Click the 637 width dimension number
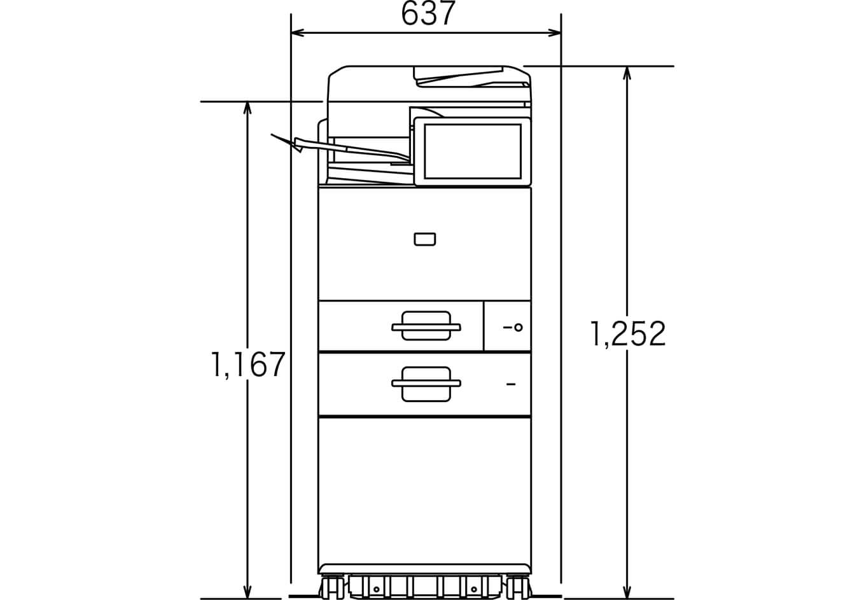point(428,14)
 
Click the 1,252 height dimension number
point(628,334)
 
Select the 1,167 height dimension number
point(248,365)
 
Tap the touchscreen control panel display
point(472,151)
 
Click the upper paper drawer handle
point(426,326)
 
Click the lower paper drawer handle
point(426,384)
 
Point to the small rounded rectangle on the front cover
point(424,239)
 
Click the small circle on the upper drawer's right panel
point(519,327)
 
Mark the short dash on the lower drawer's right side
point(511,384)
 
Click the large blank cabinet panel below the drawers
point(424,490)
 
